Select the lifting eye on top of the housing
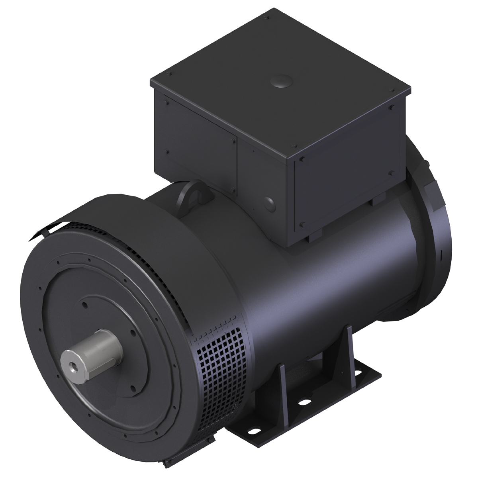coord(194,194)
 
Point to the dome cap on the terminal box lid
coord(281,82)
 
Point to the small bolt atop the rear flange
coord(426,164)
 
